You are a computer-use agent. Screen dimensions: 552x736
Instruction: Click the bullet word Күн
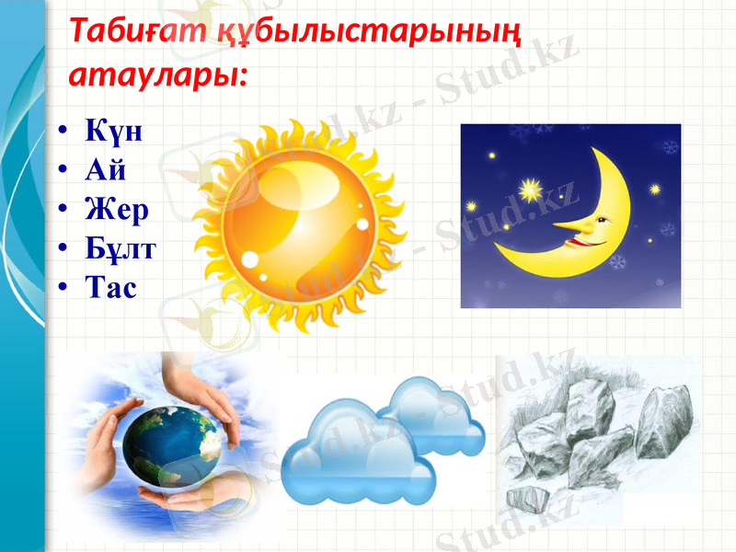tap(114, 131)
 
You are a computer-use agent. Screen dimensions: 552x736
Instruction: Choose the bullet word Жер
tap(117, 210)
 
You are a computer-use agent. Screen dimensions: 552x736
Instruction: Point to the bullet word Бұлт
tap(121, 249)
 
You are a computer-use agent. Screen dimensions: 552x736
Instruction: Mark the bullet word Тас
tap(110, 289)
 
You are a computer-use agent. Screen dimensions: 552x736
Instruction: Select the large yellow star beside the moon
tap(529, 191)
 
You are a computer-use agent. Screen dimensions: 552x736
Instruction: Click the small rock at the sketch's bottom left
tap(526, 499)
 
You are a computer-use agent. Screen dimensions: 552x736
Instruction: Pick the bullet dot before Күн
tap(61, 132)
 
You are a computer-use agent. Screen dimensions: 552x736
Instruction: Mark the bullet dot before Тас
tap(61, 290)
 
